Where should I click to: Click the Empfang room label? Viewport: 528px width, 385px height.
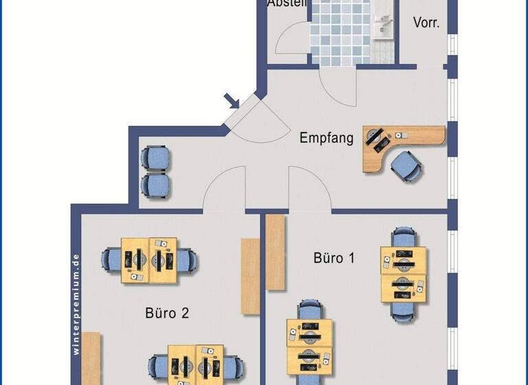click(327, 138)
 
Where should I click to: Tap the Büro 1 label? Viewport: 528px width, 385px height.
click(334, 258)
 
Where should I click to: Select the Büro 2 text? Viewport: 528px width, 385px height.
click(166, 313)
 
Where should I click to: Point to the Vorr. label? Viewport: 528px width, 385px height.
click(426, 22)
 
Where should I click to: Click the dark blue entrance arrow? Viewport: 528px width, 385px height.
click(232, 102)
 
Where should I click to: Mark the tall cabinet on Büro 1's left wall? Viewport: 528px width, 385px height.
click(276, 252)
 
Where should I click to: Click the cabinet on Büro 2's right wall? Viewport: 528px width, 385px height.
click(250, 276)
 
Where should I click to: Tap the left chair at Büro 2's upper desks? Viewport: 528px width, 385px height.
click(111, 260)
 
